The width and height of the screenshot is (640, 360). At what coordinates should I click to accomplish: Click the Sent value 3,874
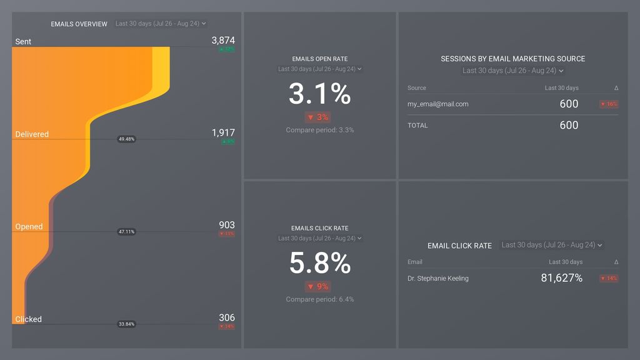coord(223,40)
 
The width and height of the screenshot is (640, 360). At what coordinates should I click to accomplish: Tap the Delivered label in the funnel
coord(32,134)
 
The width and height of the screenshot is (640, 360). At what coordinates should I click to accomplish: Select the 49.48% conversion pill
coord(126,139)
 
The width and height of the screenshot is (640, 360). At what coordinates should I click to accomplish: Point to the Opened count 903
coord(226,225)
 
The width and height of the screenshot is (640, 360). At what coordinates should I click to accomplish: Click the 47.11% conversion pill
coord(126,232)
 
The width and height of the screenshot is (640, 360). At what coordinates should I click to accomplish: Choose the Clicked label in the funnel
coord(29,319)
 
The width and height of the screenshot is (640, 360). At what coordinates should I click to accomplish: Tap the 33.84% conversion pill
coord(126,324)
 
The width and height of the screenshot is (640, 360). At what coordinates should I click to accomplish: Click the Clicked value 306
coord(226,317)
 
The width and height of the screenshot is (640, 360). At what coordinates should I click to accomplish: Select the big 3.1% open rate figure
coord(319,94)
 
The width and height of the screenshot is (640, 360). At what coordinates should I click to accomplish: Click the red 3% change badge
coord(318,117)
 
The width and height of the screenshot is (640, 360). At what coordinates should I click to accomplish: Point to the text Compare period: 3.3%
coord(319,130)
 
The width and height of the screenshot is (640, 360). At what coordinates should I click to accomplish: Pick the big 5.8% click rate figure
coord(319,263)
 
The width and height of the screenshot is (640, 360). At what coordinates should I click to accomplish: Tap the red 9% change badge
coord(318,287)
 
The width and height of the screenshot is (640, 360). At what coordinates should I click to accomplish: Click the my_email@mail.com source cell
coord(437,104)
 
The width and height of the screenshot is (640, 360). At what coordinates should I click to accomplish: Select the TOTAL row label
coord(417,126)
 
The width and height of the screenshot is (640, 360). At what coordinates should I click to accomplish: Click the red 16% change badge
coord(609,104)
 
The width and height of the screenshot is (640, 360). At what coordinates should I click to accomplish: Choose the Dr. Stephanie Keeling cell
coord(437,279)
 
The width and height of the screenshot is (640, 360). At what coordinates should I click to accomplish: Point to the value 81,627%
coord(561,278)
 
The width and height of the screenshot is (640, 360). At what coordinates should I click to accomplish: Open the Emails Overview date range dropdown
coord(161,24)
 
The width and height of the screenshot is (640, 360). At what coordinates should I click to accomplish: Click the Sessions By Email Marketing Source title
coord(512,59)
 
